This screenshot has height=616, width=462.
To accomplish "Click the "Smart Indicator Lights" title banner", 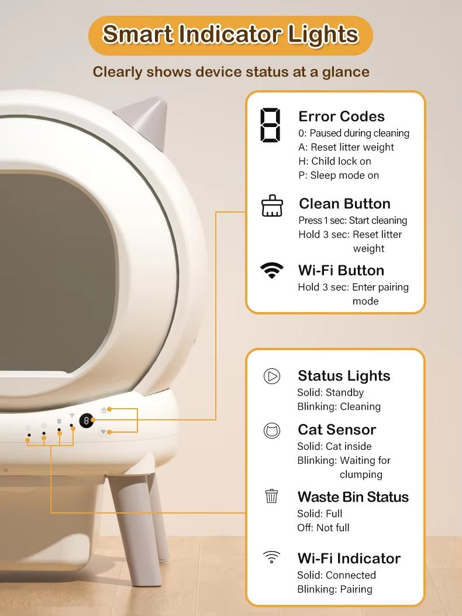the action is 230,35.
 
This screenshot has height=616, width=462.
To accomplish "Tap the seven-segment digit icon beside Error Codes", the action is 270,125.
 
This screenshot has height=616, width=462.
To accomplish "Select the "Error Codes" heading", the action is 342,117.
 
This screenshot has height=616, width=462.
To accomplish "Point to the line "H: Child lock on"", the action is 335,161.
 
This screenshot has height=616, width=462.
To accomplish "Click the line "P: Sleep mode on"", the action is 339,175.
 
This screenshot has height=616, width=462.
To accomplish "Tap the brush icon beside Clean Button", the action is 271,206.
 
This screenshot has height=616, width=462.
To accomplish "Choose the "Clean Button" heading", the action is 344,204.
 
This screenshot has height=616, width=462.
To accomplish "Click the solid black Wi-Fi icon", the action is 271,271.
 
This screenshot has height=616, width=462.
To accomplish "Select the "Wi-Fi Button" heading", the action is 341,271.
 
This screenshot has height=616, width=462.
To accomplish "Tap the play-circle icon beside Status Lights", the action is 271,376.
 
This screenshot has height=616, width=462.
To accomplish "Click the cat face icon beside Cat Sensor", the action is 271,430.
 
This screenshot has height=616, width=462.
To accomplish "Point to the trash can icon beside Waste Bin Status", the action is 271,496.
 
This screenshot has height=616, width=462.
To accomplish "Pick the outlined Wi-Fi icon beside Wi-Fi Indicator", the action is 271,557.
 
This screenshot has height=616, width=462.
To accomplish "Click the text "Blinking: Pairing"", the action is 335,589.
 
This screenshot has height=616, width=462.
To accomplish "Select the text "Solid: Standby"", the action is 330,392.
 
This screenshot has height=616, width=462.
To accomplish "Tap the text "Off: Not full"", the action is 323,528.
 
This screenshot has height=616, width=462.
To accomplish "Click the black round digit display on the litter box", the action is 87,421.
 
